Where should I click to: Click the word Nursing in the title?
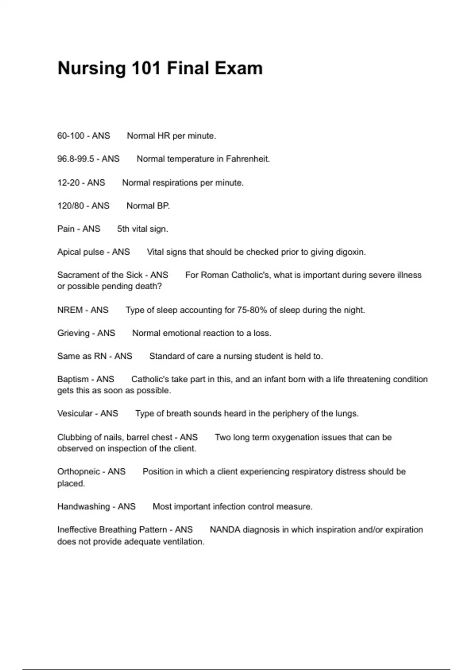[91, 69]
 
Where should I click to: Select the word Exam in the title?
[238, 69]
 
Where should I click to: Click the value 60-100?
[71, 136]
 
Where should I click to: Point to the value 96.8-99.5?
[76, 159]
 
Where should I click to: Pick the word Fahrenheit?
[248, 159]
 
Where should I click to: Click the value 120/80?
[71, 206]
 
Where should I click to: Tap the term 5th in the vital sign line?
[123, 229]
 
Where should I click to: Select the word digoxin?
[350, 252]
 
